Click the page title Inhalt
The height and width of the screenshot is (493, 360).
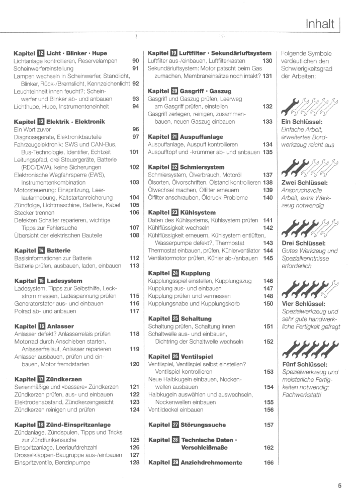(320, 24)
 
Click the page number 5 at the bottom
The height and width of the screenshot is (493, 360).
(340, 485)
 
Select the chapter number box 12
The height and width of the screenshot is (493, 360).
(41, 53)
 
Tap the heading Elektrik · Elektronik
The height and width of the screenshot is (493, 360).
(75, 121)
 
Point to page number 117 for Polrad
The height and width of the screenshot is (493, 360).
(134, 310)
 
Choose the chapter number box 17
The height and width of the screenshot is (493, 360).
(41, 379)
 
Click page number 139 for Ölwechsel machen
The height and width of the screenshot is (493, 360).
(268, 190)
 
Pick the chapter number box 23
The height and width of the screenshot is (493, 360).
(174, 212)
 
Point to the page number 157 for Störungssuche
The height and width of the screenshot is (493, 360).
(268, 425)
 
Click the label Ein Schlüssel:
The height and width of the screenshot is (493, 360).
(302, 122)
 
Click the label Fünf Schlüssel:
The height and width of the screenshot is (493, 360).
(305, 364)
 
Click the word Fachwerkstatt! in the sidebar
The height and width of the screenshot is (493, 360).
(302, 394)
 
